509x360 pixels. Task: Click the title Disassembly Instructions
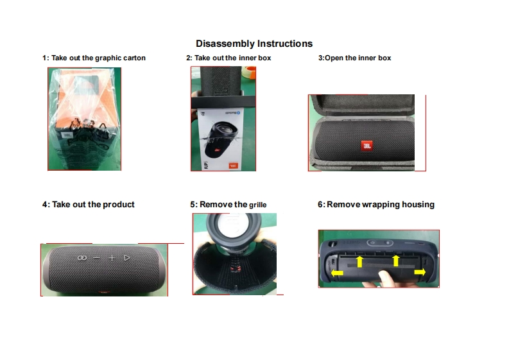tap(254, 44)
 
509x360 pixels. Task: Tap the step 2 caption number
tap(189, 58)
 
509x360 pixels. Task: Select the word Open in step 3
tap(334, 58)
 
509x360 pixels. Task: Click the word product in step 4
tap(119, 205)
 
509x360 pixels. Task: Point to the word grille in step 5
tap(258, 205)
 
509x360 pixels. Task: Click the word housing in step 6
tap(418, 205)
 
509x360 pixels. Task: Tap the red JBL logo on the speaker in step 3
tap(367, 146)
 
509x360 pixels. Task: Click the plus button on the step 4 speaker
tap(112, 258)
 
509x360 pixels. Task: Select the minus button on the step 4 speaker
tap(97, 258)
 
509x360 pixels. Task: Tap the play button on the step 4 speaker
tap(127, 258)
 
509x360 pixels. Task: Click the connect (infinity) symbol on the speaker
tap(82, 258)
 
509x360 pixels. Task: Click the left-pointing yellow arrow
tap(337, 273)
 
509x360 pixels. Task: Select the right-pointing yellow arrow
tap(420, 271)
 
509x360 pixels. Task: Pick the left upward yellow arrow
tap(359, 261)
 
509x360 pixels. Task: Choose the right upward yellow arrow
tap(395, 261)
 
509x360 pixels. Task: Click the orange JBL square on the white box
tap(233, 166)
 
